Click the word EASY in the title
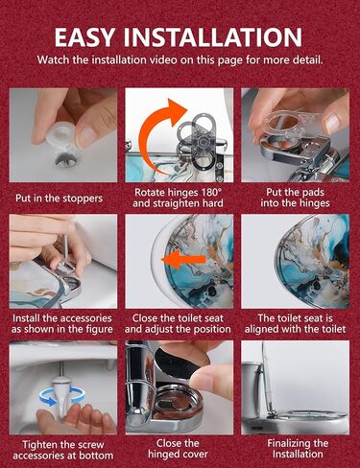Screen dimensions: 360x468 pyautogui.click(x=85, y=37)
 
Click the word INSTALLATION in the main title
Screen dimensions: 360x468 pyautogui.click(x=212, y=37)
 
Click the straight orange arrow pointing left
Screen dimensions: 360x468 pyautogui.click(x=183, y=259)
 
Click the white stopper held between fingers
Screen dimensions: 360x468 pyautogui.click(x=61, y=136)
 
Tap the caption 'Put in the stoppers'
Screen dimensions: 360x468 pyautogui.click(x=60, y=199)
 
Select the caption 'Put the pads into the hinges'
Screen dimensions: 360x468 pyautogui.click(x=295, y=198)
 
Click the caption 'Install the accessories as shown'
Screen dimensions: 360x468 pyautogui.click(x=62, y=323)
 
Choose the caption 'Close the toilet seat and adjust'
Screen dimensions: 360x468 pyautogui.click(x=178, y=323)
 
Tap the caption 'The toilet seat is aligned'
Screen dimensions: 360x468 pyautogui.click(x=295, y=323)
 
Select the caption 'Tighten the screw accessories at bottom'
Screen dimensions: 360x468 pyautogui.click(x=63, y=450)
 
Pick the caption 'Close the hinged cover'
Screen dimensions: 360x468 pyautogui.click(x=178, y=449)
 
